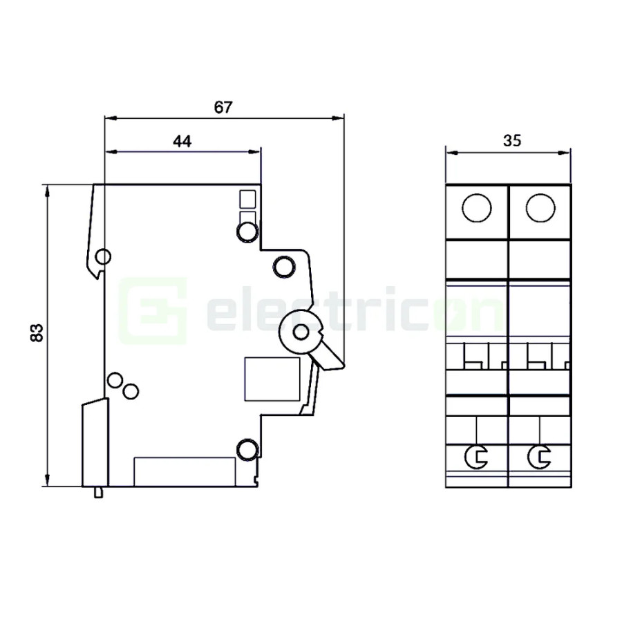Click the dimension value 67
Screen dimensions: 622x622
(x=223, y=107)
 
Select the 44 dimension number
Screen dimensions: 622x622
(x=182, y=141)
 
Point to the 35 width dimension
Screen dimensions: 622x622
(x=511, y=141)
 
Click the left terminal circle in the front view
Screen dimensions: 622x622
(x=477, y=208)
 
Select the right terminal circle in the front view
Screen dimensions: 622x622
(x=540, y=208)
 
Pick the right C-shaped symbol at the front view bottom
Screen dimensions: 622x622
(x=538, y=456)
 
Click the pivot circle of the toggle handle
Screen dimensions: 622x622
(x=301, y=333)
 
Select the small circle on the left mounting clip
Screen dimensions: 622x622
(x=102, y=258)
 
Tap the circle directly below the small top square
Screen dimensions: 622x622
(x=247, y=231)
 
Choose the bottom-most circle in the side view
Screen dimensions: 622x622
(x=246, y=450)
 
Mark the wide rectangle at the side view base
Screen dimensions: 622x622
(x=183, y=471)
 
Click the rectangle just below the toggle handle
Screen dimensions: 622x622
(x=272, y=379)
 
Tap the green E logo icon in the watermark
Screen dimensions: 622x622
(x=152, y=310)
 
